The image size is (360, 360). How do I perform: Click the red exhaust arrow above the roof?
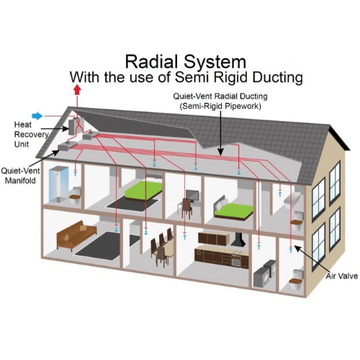(77, 90)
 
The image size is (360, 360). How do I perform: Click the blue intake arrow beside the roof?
(37, 116)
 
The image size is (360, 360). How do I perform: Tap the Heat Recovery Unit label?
(31, 135)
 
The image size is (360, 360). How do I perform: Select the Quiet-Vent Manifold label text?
(20, 176)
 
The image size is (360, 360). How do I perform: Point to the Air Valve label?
(342, 276)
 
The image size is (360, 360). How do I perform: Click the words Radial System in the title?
(186, 62)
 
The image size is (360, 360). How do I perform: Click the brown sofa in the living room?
(76, 235)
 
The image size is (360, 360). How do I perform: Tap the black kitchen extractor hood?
(238, 239)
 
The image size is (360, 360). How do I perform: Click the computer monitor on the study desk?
(192, 196)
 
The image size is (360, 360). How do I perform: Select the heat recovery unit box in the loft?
(76, 127)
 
